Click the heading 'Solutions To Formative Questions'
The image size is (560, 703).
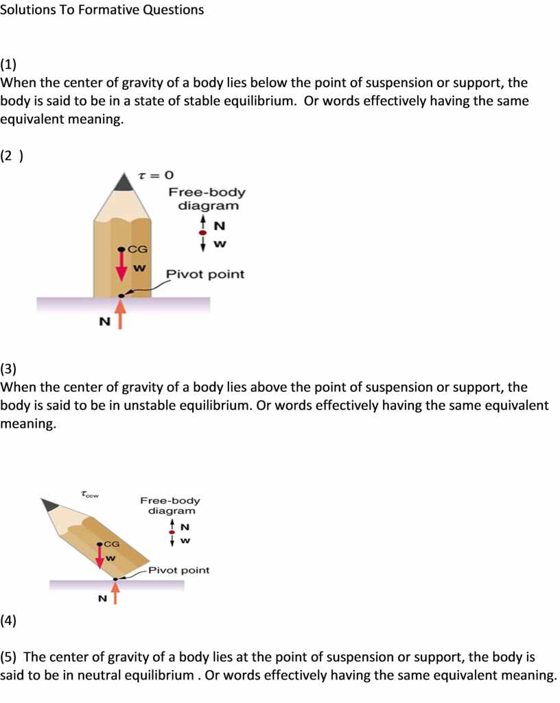tap(102, 10)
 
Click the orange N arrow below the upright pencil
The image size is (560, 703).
tap(121, 316)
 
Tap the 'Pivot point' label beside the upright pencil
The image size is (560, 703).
tap(205, 275)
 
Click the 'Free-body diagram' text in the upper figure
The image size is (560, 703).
tap(207, 199)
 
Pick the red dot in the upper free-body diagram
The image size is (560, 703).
tap(203, 233)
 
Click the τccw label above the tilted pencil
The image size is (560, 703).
tap(90, 493)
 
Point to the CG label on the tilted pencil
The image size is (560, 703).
tap(111, 544)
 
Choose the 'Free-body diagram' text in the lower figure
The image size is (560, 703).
tap(170, 506)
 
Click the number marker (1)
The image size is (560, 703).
tap(9, 65)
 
